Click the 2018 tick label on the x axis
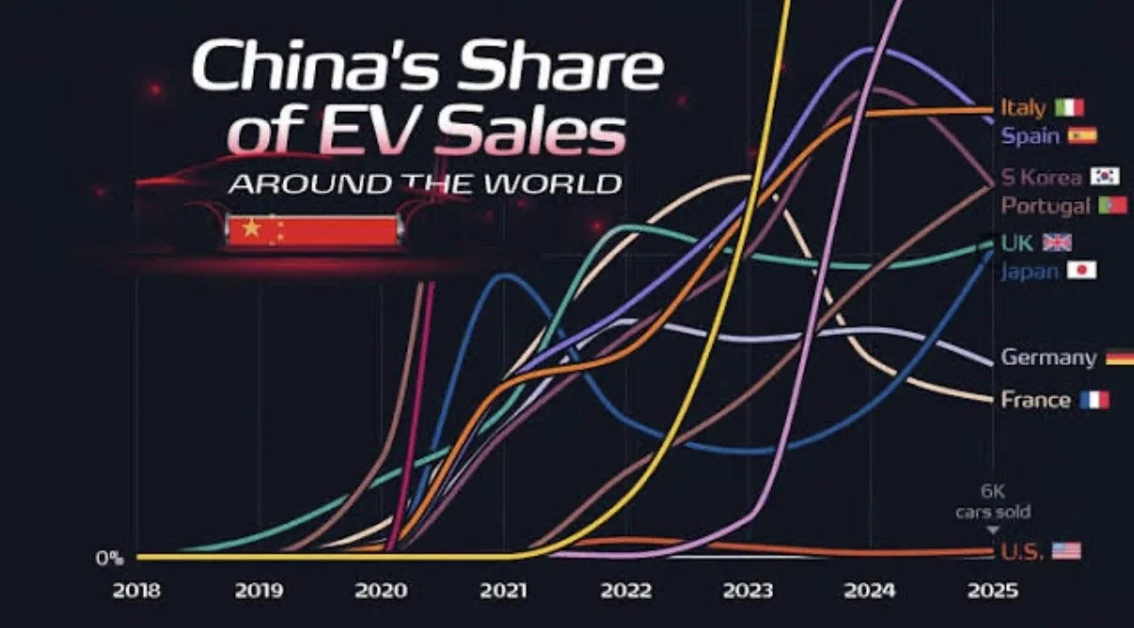tap(137, 591)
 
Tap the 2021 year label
tap(505, 591)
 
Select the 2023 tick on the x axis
tap(748, 591)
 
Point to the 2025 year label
tap(993, 591)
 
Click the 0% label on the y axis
tap(108, 557)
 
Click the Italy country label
tap(1023, 107)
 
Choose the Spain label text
tap(1030, 135)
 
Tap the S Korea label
tap(1041, 177)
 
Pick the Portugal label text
tap(1045, 205)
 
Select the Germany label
tap(1048, 357)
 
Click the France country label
tap(1035, 400)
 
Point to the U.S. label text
tap(1022, 551)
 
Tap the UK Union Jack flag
tap(1058, 243)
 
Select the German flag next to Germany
tap(1119, 357)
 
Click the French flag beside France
tap(1095, 400)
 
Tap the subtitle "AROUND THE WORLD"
tap(425, 182)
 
